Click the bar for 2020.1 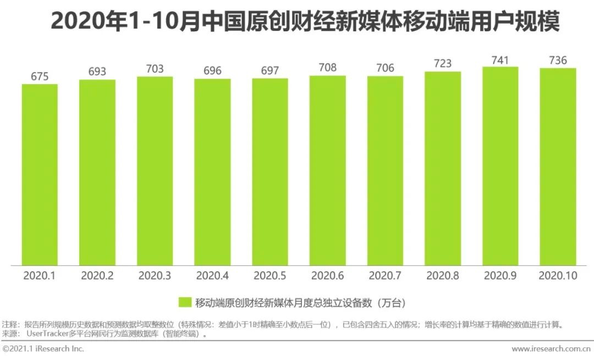pos(40,175)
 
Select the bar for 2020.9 pos(500,166)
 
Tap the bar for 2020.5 pos(270,172)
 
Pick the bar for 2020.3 pos(155,171)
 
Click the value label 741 pos(500,60)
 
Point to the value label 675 pos(40,77)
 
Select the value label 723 pos(443,64)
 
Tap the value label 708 pos(327,68)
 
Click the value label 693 pos(97,72)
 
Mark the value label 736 pos(558,60)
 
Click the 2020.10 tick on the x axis pos(558,276)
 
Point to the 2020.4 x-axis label pos(212,276)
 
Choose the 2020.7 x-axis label pos(385,276)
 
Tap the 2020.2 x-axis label pos(97,276)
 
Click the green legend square pos(184,302)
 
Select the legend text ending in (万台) pos(300,302)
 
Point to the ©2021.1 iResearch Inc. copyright pos(44,349)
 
